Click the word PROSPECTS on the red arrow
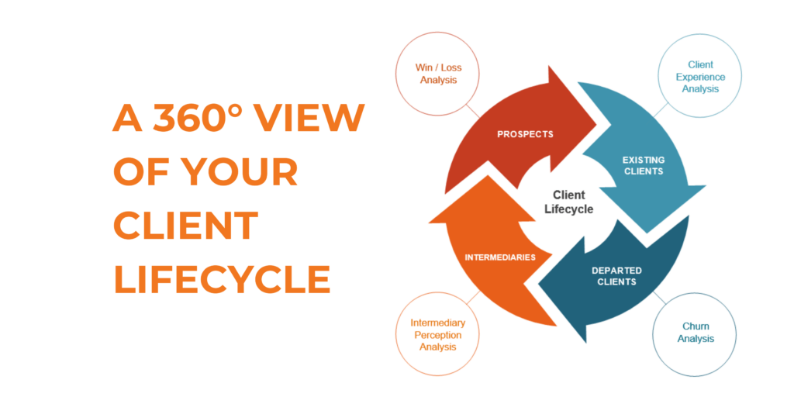(x=525, y=134)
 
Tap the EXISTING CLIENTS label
(x=643, y=166)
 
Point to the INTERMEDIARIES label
(x=500, y=257)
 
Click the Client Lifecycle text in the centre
(x=568, y=202)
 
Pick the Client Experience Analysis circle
(x=700, y=77)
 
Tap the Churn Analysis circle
(x=694, y=333)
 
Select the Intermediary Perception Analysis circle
(x=438, y=333)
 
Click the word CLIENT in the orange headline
(x=185, y=226)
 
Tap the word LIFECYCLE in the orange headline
(x=222, y=279)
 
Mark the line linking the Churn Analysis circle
(x=659, y=298)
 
